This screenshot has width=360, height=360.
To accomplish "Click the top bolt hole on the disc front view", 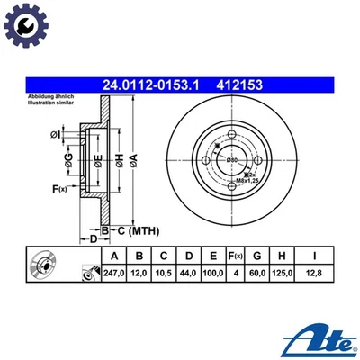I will click(x=231, y=132).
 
